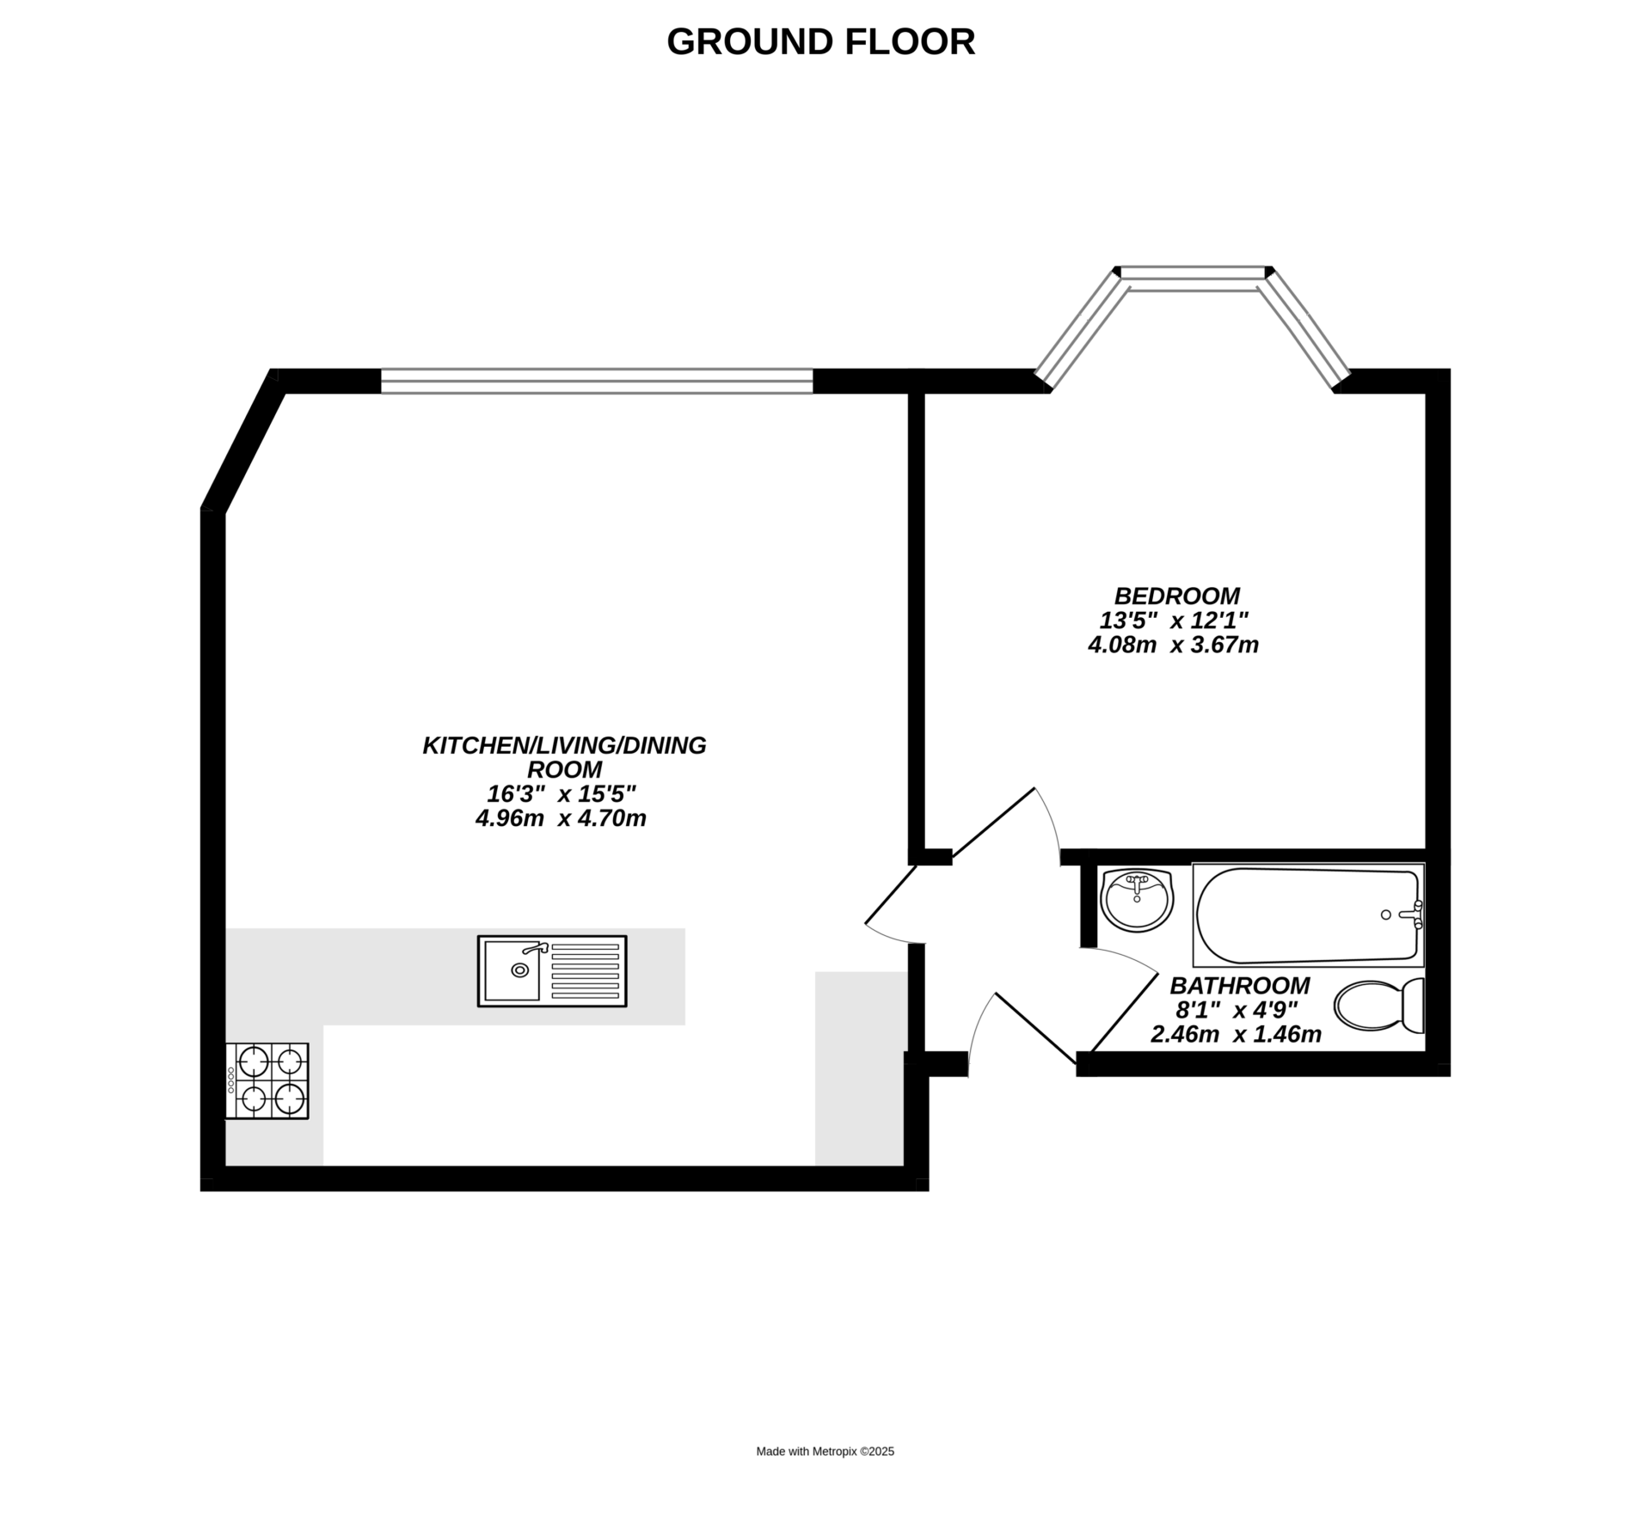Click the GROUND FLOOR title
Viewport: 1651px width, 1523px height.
point(821,42)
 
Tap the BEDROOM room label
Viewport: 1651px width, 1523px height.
point(1176,596)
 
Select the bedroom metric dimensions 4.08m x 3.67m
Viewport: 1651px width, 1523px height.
point(1174,645)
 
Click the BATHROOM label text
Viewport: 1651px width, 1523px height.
point(1239,985)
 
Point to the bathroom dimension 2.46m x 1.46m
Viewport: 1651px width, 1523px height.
point(1236,1034)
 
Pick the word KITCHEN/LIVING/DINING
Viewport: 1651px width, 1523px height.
point(564,745)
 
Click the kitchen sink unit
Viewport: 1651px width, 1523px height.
point(552,971)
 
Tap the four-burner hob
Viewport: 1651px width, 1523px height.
point(267,1081)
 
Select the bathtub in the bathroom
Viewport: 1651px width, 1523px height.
point(1308,915)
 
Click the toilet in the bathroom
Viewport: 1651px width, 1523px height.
point(1379,1005)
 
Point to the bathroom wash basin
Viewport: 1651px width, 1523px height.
point(1137,900)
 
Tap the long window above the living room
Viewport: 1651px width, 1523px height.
point(597,381)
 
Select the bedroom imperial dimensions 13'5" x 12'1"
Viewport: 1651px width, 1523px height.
point(1174,620)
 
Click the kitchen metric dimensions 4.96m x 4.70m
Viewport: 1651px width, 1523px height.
point(562,818)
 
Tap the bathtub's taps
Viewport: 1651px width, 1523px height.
point(1415,915)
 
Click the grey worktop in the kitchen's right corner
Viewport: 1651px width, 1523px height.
point(861,1068)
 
